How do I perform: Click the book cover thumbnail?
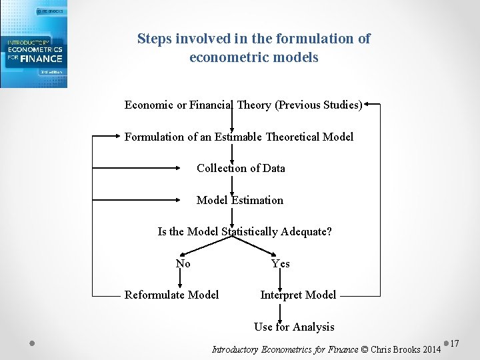(33, 44)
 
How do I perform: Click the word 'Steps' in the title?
(155, 39)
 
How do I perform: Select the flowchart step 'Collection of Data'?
(241, 168)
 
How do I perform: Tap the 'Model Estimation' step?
(240, 200)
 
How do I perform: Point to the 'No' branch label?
(183, 263)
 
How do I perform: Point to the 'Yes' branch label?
(281, 263)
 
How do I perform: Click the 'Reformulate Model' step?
(171, 295)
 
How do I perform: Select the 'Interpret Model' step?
(298, 295)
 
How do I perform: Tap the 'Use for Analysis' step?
(294, 327)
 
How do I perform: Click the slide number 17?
(455, 343)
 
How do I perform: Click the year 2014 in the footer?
(432, 349)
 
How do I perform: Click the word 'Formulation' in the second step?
(153, 137)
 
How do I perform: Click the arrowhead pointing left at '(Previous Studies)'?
(369, 104)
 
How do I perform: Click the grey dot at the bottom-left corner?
(32, 343)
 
